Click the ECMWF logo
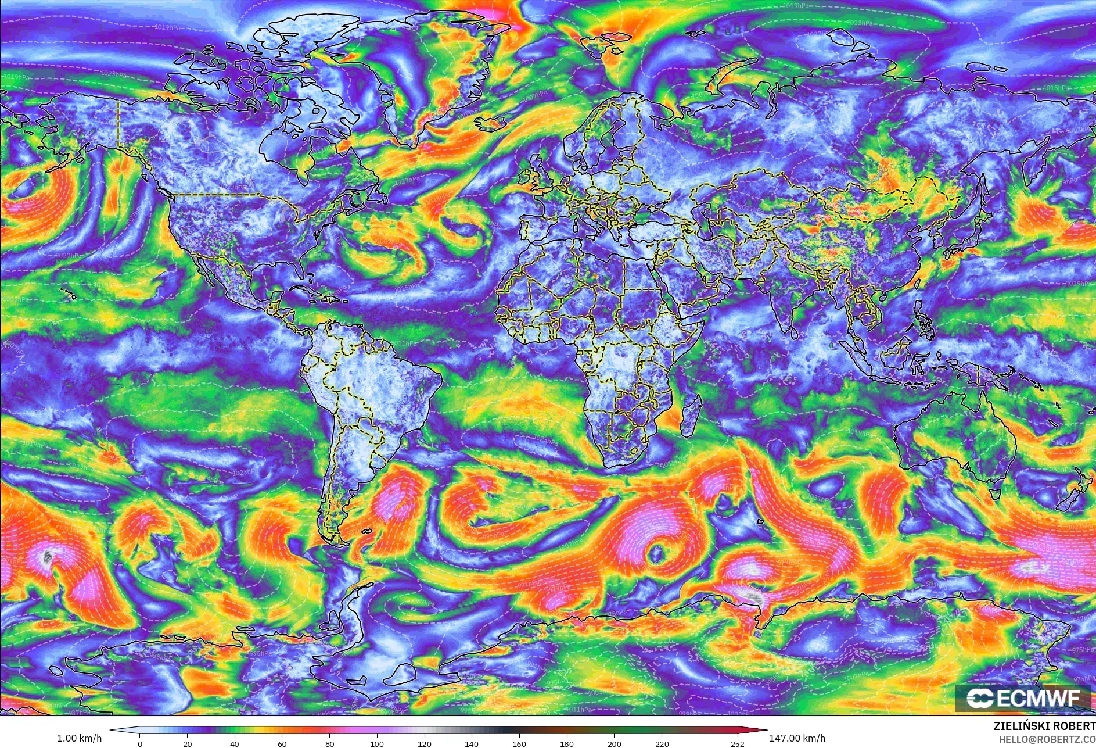pos(1023,698)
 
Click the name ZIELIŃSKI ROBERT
pos(1044,726)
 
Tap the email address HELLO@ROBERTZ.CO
pos(1047,739)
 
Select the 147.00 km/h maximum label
pos(797,738)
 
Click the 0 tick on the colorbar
pos(140,743)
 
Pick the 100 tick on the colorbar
pos(377,743)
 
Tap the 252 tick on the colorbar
pos(738,743)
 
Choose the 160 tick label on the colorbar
pos(519,743)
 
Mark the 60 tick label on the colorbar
pos(282,743)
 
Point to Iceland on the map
pos(491,123)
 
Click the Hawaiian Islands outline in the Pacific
pos(70,293)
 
